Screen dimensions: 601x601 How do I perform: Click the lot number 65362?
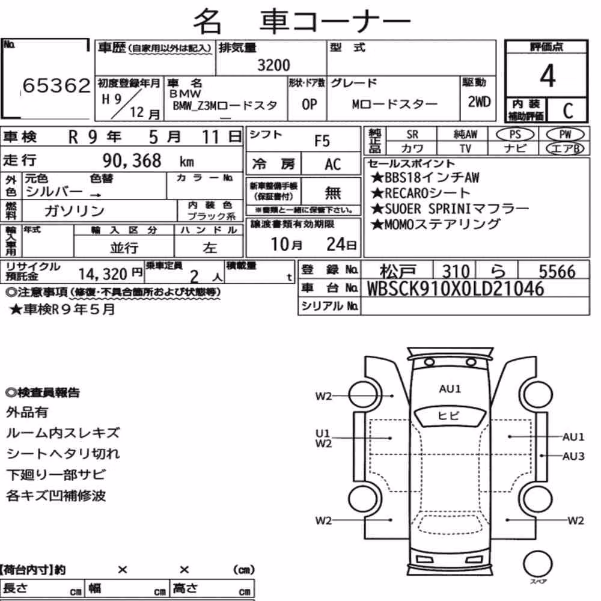[56, 85]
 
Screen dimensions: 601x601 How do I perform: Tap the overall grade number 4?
[548, 76]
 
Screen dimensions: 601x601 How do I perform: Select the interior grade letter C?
[568, 111]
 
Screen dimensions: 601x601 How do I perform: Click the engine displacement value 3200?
[273, 65]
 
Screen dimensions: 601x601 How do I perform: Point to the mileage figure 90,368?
[132, 160]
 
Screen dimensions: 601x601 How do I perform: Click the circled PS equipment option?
[515, 135]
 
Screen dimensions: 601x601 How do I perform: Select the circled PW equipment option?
[565, 135]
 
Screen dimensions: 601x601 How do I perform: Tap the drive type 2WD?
[479, 102]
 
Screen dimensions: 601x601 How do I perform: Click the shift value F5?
[322, 141]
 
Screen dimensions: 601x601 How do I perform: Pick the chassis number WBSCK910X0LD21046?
[456, 288]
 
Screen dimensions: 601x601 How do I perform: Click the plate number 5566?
[557, 272]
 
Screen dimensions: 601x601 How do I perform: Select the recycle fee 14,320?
[103, 274]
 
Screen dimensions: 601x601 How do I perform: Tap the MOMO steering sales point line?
[435, 224]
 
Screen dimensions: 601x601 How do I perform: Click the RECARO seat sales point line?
[421, 193]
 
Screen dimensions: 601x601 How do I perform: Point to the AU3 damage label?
[573, 456]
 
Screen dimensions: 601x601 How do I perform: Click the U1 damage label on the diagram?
[322, 433]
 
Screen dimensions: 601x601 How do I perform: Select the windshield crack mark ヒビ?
[448, 415]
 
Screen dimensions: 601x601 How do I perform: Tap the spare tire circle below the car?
[537, 564]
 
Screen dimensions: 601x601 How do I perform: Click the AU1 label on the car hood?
[450, 389]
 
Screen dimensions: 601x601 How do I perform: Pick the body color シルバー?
[54, 191]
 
